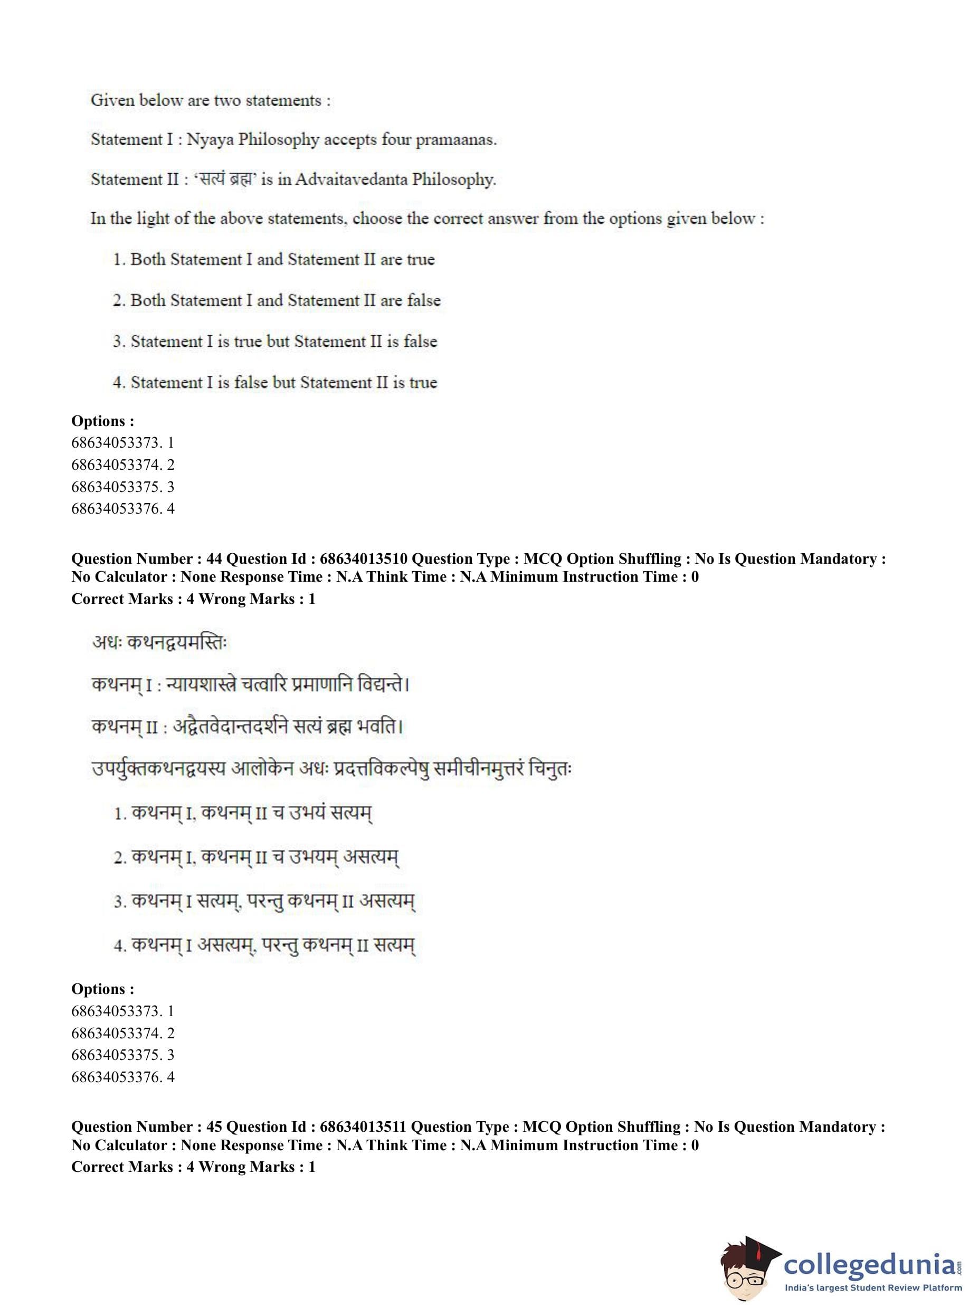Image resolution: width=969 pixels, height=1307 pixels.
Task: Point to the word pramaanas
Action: (x=456, y=141)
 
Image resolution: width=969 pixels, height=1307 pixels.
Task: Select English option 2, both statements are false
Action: (x=276, y=300)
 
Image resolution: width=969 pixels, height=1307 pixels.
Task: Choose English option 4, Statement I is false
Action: (x=275, y=383)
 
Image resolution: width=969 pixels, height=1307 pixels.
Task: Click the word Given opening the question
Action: (x=112, y=100)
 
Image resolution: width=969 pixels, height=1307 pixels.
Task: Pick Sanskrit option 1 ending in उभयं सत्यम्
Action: (x=243, y=813)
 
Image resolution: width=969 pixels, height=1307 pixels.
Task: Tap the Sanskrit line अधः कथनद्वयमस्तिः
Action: (x=159, y=642)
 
